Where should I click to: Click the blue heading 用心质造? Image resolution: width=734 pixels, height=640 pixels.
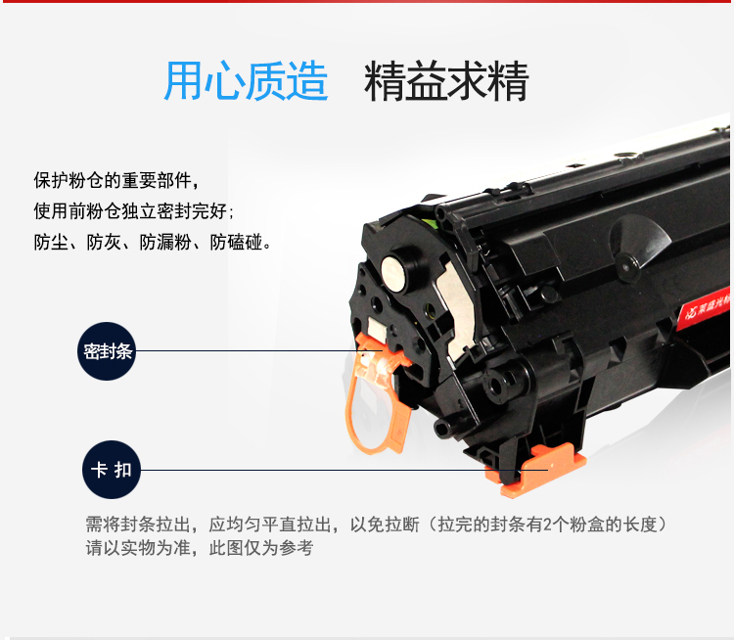click(247, 81)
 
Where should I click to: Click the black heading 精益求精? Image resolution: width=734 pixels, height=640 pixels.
click(446, 81)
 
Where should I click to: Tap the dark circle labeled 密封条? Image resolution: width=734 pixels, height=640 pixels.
click(107, 351)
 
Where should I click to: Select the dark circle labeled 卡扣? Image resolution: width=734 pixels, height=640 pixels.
click(112, 470)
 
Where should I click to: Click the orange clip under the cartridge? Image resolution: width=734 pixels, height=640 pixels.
click(538, 471)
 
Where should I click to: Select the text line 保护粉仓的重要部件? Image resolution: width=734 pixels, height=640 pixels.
click(116, 180)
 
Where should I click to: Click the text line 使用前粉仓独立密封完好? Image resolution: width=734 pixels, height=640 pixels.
click(133, 211)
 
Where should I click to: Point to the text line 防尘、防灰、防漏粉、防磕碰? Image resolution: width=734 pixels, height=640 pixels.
click(152, 242)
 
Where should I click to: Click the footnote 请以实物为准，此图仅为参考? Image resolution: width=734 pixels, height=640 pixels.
click(200, 547)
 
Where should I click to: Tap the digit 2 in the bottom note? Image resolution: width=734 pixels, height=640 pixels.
click(548, 525)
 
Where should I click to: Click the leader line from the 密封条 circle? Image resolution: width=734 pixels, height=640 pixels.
click(259, 350)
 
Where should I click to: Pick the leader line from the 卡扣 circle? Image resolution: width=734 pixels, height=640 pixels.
click(344, 470)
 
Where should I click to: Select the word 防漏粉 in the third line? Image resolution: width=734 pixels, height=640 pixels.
click(165, 242)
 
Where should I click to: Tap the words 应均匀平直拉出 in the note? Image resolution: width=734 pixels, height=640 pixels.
click(270, 525)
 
